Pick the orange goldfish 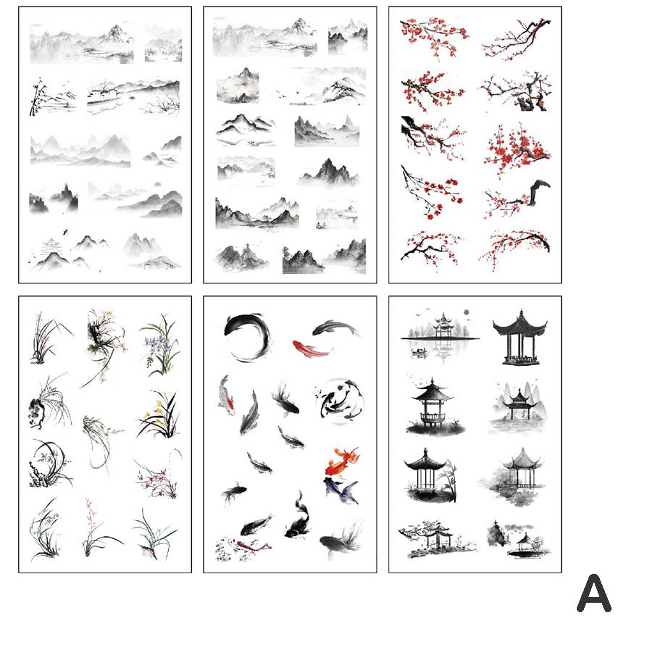coord(342,462)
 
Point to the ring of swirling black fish coord(339,400)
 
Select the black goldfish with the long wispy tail coord(341,540)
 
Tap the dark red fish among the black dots coord(251,546)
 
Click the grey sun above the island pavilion coord(467,312)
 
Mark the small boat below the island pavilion coord(419,351)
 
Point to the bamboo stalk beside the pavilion coord(451,480)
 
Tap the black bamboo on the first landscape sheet coord(37,97)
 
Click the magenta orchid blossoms coord(156,479)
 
